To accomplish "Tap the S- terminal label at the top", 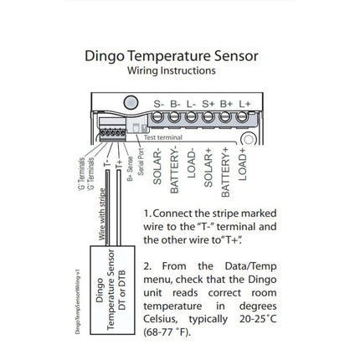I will (159, 104).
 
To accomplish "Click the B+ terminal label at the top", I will (227, 104).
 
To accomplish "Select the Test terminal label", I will (163, 136).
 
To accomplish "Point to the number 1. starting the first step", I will (148, 214).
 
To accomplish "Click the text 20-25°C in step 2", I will (255, 319).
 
